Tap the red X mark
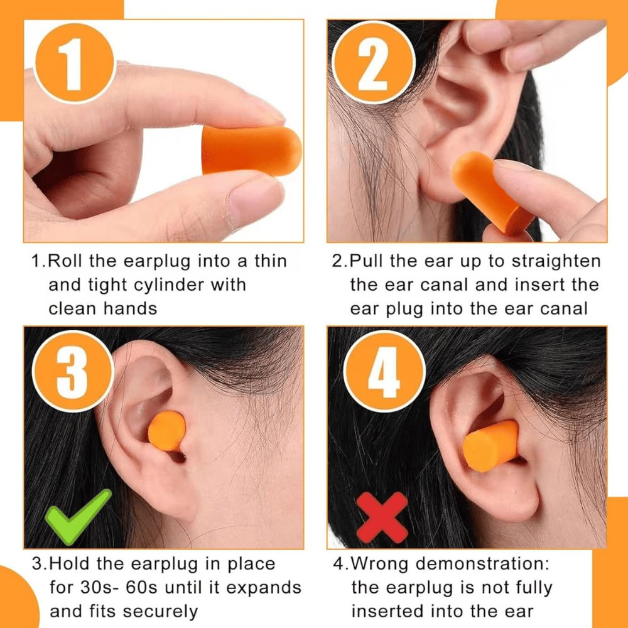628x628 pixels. point(382,516)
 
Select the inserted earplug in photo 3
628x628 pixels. point(167,430)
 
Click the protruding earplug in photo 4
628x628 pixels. point(490,445)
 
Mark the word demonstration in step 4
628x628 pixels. point(482,564)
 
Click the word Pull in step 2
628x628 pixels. point(371,261)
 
